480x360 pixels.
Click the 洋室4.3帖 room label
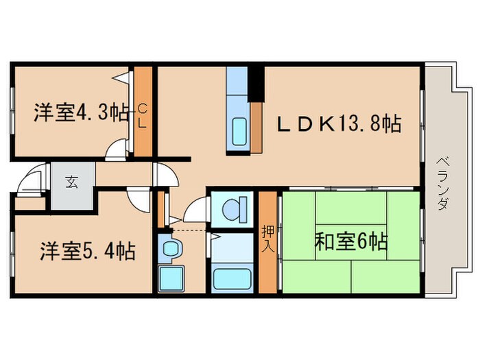[81, 112]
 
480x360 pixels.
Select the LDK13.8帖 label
[339, 124]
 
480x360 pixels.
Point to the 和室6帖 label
[352, 241]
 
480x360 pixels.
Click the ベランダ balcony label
[442, 184]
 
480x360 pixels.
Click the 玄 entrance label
[71, 182]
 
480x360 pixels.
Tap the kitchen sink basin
[240, 128]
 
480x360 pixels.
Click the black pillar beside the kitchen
[255, 83]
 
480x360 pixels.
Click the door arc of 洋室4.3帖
[118, 147]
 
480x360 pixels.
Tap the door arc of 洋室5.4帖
[139, 198]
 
